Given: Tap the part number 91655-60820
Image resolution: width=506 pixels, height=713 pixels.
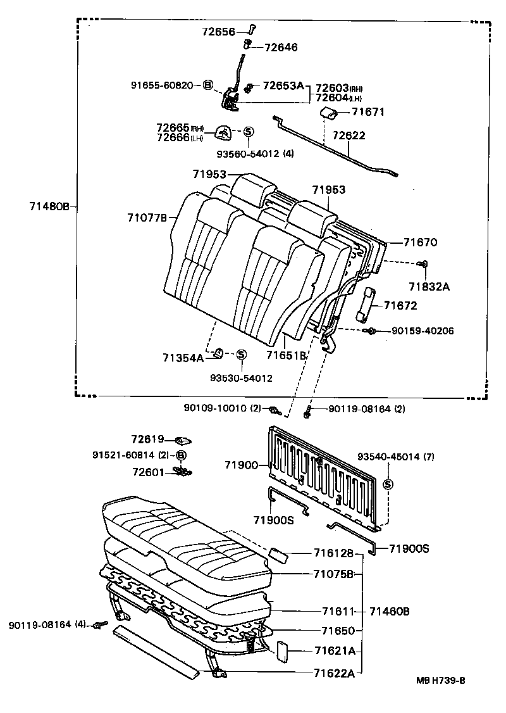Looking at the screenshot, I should tap(161, 85).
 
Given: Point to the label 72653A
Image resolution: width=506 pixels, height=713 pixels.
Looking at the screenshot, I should tap(283, 85).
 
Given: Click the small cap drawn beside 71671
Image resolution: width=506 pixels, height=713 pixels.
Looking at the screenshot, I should tap(326, 113).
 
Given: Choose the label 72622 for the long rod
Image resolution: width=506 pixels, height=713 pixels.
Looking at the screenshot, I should tap(349, 136).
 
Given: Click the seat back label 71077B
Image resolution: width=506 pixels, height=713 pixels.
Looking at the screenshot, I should tap(147, 218).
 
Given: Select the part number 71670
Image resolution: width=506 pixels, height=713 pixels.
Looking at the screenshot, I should tap(421, 242).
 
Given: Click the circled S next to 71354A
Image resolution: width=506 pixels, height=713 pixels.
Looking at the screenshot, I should tap(241, 355).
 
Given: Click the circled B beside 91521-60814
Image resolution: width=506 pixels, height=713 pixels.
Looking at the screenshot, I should tap(181, 455).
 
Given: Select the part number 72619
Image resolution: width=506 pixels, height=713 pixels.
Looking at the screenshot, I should tap(148, 439).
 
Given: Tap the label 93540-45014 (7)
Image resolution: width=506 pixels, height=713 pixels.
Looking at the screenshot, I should tap(396, 457).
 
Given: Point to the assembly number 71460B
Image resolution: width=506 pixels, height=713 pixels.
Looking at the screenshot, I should tap(390, 611).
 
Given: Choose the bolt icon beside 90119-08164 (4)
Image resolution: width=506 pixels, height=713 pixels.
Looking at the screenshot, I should tap(97, 625).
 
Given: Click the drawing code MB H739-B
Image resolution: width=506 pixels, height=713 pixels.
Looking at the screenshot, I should tap(441, 681).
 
